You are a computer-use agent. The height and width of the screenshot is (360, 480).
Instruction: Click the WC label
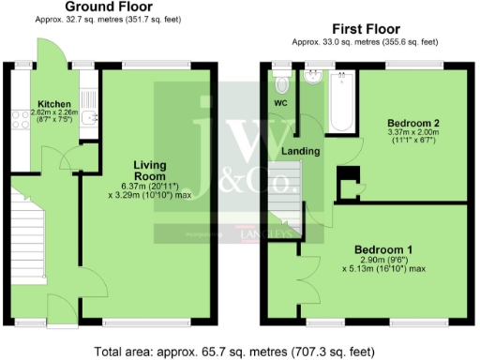pos(280,102)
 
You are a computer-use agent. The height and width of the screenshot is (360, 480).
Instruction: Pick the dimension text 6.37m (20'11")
pos(150,187)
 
